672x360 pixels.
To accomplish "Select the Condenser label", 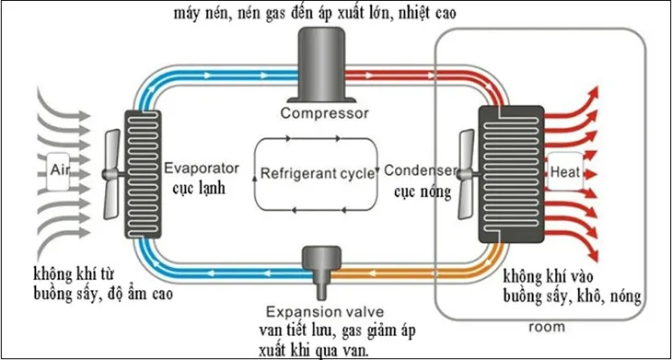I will [x=419, y=170].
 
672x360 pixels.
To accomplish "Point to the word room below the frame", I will [x=548, y=327].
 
